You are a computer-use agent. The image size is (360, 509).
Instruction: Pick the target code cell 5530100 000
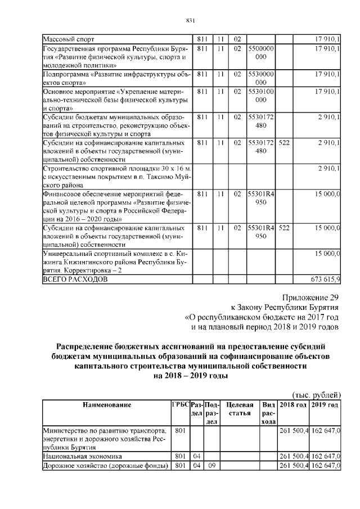(x=260, y=94)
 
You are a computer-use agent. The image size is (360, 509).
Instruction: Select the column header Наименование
(x=107, y=405)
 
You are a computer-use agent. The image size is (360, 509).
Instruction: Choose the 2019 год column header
(x=325, y=405)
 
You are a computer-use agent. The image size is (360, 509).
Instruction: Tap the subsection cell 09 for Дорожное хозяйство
(x=212, y=466)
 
